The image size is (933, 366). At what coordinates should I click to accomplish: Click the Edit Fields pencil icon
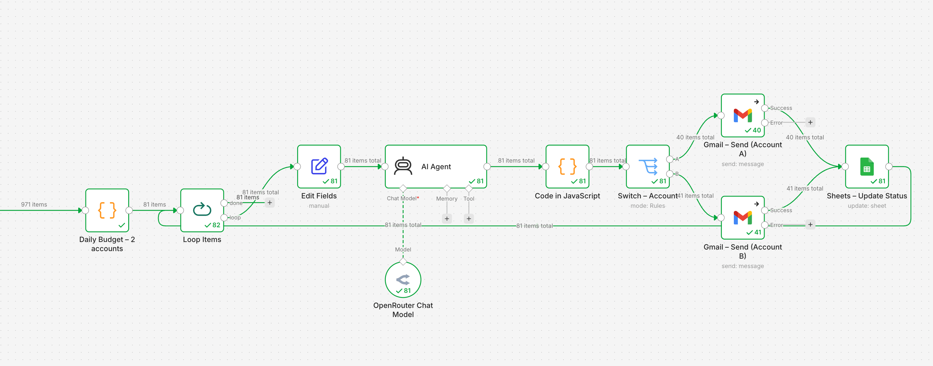click(319, 166)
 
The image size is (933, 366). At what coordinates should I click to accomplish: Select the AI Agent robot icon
click(403, 166)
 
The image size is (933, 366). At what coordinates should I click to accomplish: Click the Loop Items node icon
click(202, 209)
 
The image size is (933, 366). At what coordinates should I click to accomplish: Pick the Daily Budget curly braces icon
click(107, 210)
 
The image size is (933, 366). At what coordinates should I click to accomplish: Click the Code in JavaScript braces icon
click(567, 166)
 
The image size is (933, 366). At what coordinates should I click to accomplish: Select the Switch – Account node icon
click(647, 166)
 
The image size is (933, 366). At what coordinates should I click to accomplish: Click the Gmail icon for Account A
click(743, 116)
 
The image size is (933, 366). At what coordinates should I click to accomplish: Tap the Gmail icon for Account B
click(743, 218)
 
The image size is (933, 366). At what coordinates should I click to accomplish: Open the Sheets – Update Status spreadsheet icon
click(867, 167)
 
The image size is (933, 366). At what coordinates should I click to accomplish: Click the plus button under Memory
click(447, 219)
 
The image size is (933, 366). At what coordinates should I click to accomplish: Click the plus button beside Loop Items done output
click(270, 203)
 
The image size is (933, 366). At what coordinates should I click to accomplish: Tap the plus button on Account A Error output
click(810, 122)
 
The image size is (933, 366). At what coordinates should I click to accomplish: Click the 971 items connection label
click(34, 205)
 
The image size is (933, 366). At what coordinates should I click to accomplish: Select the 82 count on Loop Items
click(216, 225)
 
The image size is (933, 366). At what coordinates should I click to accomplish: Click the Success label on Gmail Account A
click(781, 108)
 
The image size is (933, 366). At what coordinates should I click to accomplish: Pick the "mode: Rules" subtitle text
click(647, 206)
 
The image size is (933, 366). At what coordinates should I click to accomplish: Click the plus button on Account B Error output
click(810, 224)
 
